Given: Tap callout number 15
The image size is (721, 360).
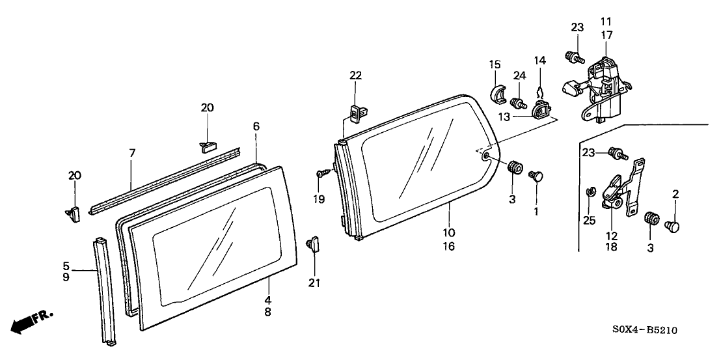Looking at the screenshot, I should (495, 64).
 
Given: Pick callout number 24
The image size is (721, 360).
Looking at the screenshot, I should (519, 76).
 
